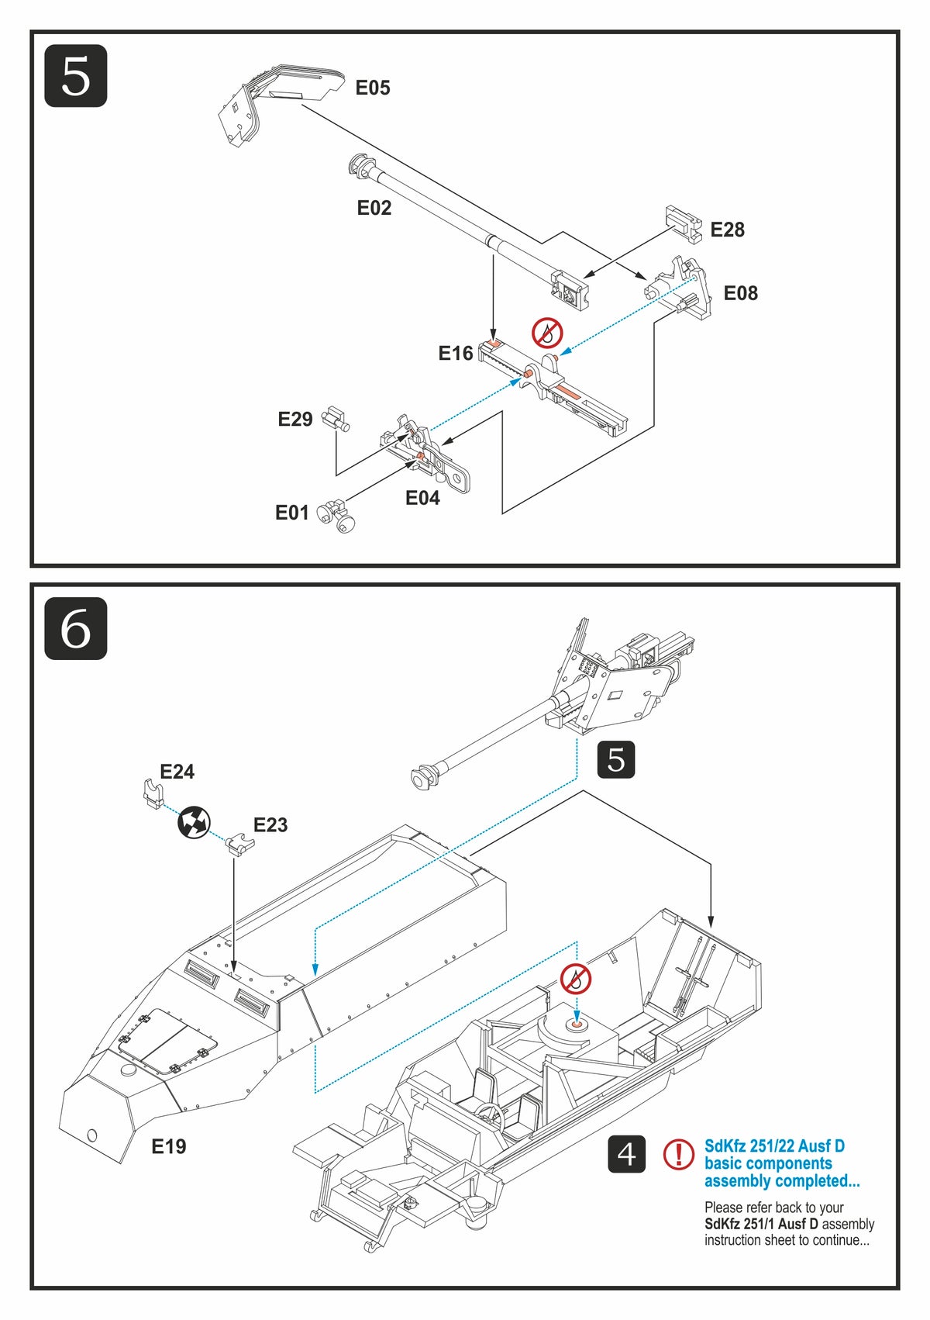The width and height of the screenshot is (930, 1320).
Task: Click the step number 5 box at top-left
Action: click(x=75, y=76)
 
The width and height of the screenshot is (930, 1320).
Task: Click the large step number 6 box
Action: click(x=75, y=628)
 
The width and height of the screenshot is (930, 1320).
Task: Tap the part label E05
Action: click(x=373, y=88)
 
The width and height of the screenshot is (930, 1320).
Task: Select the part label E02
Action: click(x=374, y=208)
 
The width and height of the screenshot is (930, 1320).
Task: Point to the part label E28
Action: click(x=727, y=230)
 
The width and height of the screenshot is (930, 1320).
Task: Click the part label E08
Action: click(x=740, y=293)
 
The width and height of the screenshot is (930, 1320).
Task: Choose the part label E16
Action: click(x=455, y=354)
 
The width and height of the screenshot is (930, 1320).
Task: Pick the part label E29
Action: click(x=294, y=420)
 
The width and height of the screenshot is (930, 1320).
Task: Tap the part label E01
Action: click(x=292, y=513)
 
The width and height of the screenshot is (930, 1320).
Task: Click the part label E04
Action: click(x=422, y=498)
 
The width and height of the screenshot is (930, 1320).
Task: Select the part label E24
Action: click(x=177, y=772)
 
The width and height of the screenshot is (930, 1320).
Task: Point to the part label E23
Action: click(x=270, y=825)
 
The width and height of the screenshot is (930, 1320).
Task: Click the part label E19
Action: click(x=168, y=1146)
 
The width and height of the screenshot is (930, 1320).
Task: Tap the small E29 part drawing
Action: click(x=336, y=419)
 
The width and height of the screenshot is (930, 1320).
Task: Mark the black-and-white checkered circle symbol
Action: click(x=194, y=823)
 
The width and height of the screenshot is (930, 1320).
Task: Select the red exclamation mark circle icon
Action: click(x=679, y=1155)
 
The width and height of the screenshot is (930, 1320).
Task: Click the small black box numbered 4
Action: click(x=626, y=1154)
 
